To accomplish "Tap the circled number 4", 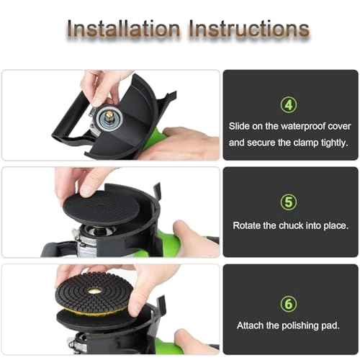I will (289, 104).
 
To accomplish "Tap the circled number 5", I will (289, 202).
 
